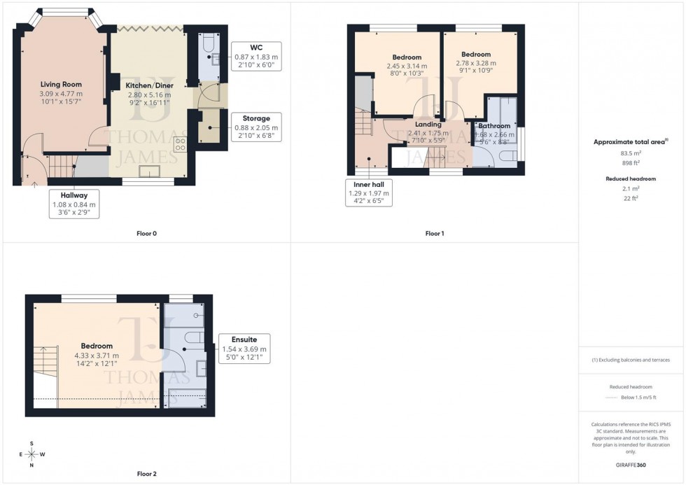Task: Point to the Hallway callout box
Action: click(73, 204)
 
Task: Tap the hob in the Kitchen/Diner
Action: click(180, 145)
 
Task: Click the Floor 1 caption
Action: click(435, 233)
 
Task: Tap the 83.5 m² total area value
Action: click(631, 153)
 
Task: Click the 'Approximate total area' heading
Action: click(631, 141)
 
